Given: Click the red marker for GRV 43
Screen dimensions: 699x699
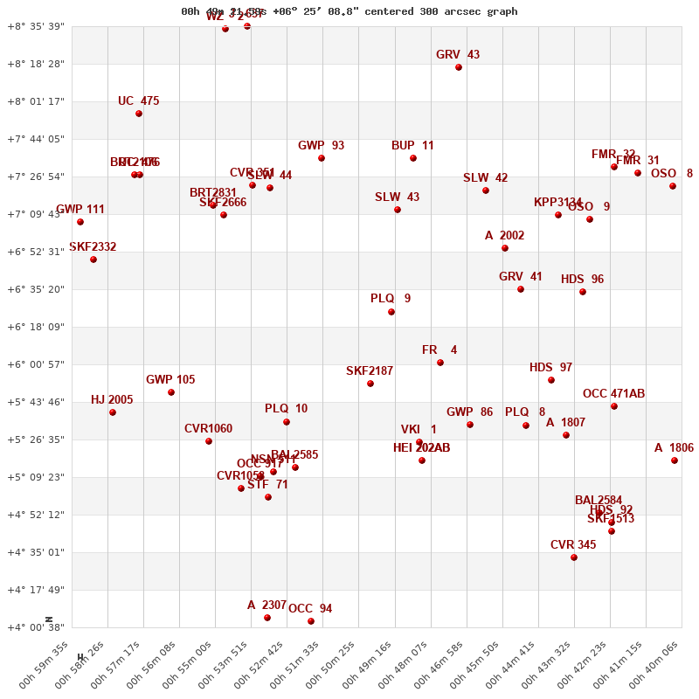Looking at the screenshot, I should tap(459, 67).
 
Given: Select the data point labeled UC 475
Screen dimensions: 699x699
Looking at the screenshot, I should tap(139, 114).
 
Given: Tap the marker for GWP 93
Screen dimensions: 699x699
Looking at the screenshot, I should tap(322, 158).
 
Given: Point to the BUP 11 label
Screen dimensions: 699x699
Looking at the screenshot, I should tap(412, 146).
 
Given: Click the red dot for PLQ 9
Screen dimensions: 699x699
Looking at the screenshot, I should tap(391, 312).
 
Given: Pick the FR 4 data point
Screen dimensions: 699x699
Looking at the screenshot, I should tap(440, 363).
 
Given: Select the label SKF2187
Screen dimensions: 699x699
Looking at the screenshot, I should tap(370, 371).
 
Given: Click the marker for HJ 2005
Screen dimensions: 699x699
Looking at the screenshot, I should tap(113, 412).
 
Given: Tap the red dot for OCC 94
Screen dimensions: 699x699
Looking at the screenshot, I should tap(311, 621).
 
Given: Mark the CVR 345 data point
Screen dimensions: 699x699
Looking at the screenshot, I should tap(574, 557).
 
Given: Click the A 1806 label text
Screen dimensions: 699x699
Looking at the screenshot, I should tap(674, 448).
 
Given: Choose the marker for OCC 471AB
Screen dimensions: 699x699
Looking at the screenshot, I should tap(614, 406).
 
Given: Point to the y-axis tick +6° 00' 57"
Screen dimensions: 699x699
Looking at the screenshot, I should tap(35, 364).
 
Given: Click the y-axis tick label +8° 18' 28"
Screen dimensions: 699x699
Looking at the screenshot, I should tap(35, 64).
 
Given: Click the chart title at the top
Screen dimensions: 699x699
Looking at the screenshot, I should tap(349, 11).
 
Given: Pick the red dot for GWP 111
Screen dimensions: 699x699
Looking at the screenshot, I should tap(80, 222).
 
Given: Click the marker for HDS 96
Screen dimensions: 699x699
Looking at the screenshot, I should tap(583, 292).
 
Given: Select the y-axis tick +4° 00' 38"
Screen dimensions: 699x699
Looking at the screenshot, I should tap(35, 627).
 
